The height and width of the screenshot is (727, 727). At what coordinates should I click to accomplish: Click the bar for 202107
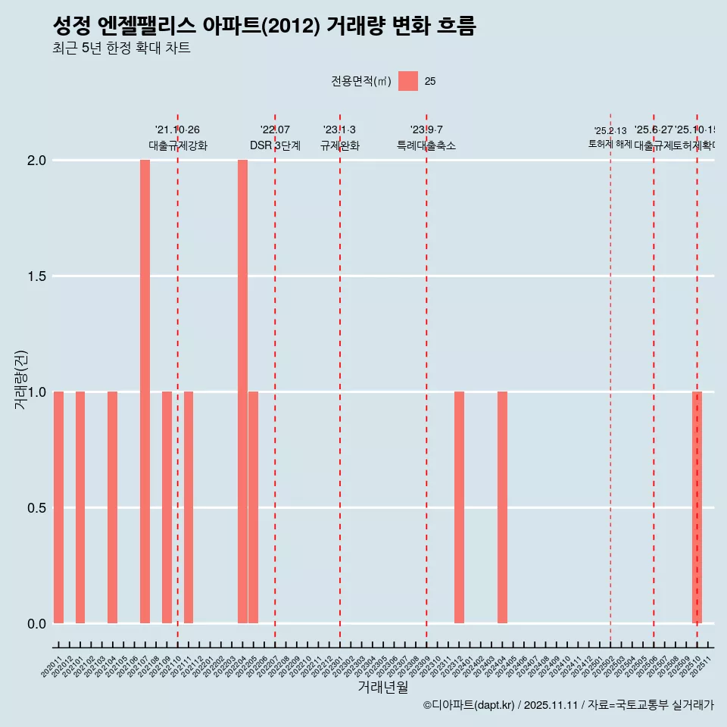(x=145, y=392)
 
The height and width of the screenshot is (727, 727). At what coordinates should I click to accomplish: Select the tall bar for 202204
(x=242, y=392)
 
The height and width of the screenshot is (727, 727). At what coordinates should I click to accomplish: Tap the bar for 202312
(x=459, y=507)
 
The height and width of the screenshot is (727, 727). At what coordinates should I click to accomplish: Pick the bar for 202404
(x=502, y=507)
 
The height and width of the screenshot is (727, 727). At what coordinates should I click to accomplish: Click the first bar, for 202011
(x=58, y=507)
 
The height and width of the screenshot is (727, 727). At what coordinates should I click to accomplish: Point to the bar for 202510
(x=697, y=507)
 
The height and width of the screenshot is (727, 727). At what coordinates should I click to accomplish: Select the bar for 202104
(x=112, y=507)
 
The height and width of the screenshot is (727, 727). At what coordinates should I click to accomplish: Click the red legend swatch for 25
(x=408, y=81)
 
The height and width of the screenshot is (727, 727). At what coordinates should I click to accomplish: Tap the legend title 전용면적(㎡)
(x=360, y=82)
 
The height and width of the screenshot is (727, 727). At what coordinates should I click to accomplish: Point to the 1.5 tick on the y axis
(x=36, y=276)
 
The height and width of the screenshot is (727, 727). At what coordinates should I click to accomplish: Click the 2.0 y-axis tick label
(x=36, y=161)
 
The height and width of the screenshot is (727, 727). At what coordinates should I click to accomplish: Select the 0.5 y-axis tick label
(x=36, y=508)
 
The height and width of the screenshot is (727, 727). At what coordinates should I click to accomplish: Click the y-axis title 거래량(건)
(x=20, y=379)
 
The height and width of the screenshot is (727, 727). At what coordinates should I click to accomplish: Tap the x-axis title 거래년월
(x=382, y=688)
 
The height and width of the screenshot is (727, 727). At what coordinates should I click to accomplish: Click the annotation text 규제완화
(x=339, y=146)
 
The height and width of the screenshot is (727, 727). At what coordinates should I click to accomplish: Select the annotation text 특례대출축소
(x=426, y=146)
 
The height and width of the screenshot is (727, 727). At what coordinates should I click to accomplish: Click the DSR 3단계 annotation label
(x=275, y=146)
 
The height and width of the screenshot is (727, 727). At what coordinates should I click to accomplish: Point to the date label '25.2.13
(x=610, y=131)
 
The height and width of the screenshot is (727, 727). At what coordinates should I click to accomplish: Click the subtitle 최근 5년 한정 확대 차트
(x=121, y=48)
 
